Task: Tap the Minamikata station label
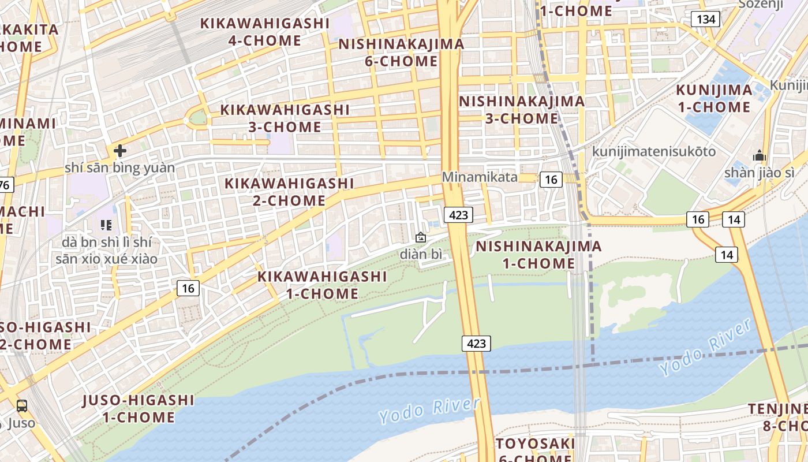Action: (480, 177)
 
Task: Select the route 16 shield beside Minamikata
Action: (551, 180)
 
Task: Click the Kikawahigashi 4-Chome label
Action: (264, 32)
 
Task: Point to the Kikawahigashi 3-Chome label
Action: (285, 118)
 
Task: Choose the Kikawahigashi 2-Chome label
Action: (289, 192)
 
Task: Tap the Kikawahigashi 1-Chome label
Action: (322, 285)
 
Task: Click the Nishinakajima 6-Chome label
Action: (401, 53)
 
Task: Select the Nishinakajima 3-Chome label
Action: (522, 110)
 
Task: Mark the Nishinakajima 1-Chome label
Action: (538, 255)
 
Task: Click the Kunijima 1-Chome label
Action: (714, 98)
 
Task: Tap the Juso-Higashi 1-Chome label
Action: (139, 408)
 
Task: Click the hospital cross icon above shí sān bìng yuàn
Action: (120, 151)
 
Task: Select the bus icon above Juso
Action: (22, 406)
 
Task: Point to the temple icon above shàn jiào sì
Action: (760, 155)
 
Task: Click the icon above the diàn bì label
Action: (421, 237)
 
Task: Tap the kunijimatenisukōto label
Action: (654, 152)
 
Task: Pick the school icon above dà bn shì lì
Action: (106, 225)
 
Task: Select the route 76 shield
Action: (5, 185)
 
